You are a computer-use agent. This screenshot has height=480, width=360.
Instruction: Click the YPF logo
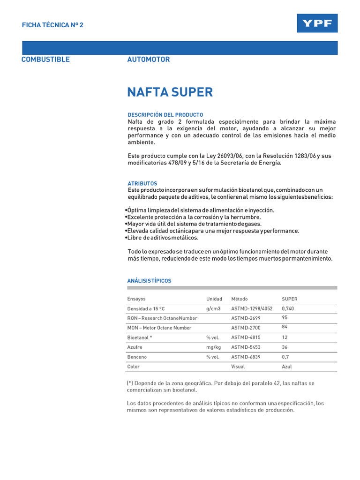[x=317, y=23]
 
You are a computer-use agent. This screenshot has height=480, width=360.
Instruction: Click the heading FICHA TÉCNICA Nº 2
[x=52, y=25]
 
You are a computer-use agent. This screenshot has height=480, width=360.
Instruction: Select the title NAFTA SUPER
[x=170, y=92]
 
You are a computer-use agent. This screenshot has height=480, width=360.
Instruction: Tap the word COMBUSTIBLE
[x=45, y=60]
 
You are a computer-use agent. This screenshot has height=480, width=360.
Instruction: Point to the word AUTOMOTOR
[x=149, y=60]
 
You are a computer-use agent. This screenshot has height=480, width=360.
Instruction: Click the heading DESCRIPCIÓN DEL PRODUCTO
[x=165, y=115]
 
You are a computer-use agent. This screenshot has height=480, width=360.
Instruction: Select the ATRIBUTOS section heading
[x=142, y=183]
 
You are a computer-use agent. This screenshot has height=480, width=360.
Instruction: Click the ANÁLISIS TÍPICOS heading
[x=150, y=281]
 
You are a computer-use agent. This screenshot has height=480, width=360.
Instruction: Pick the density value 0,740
[x=288, y=309]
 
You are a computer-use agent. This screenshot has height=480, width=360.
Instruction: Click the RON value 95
[x=285, y=317]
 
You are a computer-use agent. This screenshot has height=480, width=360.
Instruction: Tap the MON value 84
[x=285, y=327]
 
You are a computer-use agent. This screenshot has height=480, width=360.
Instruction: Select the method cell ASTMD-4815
[x=246, y=337]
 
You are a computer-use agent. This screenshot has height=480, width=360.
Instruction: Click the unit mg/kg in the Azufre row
[x=213, y=347]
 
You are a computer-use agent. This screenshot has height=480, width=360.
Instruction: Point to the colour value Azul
[x=286, y=367]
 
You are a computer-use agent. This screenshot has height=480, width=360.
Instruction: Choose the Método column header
[x=240, y=299]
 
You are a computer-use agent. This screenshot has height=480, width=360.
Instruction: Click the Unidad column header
[x=214, y=299]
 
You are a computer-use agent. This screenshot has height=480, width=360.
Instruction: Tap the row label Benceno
[x=137, y=357]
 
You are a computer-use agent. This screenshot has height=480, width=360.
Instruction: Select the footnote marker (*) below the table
[x=130, y=383]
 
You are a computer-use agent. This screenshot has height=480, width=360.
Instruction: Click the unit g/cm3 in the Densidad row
[x=213, y=309]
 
